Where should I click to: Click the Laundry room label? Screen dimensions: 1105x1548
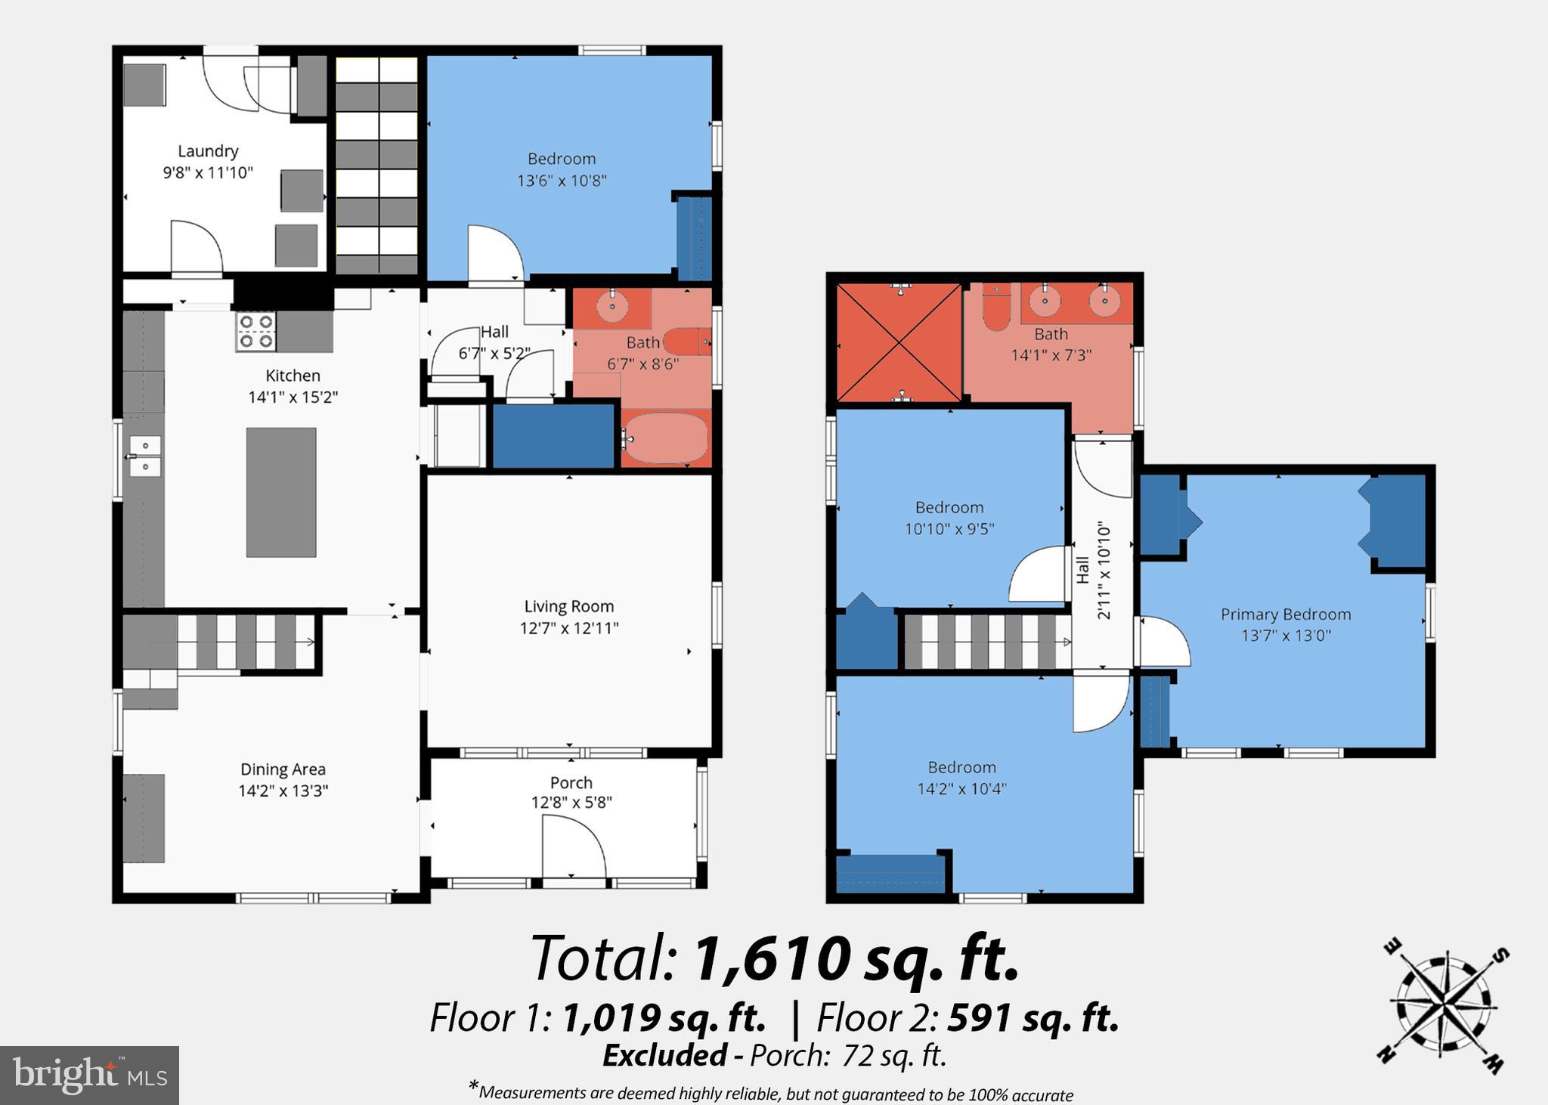point(208,151)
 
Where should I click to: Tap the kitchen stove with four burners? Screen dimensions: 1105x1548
point(255,332)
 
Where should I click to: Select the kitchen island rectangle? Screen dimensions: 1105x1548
point(281,492)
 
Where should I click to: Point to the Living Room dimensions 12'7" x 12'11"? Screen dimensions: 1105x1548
point(568,628)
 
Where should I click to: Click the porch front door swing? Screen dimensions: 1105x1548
point(573,850)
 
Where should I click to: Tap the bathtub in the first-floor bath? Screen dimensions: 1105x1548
point(666,438)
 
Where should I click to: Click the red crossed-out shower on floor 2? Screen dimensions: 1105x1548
point(899,343)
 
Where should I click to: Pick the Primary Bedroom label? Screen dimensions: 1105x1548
point(1285,614)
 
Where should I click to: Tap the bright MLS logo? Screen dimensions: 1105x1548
point(89,1075)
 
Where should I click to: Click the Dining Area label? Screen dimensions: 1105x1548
point(283,769)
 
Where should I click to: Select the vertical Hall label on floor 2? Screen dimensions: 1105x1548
point(1083,570)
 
